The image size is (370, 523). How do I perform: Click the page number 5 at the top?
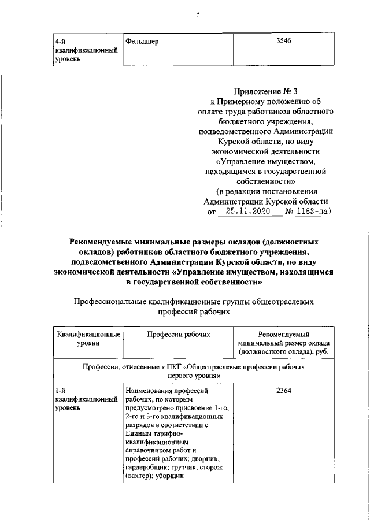pyautogui.click(x=198, y=14)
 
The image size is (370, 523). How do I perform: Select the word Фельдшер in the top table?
pyautogui.click(x=142, y=42)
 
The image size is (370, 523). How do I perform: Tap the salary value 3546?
pyautogui.click(x=284, y=42)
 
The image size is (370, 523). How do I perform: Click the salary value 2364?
pyautogui.click(x=284, y=391)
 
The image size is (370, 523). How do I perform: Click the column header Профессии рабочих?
pyautogui.click(x=178, y=334)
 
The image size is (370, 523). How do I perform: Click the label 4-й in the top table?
pyautogui.click(x=60, y=42)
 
